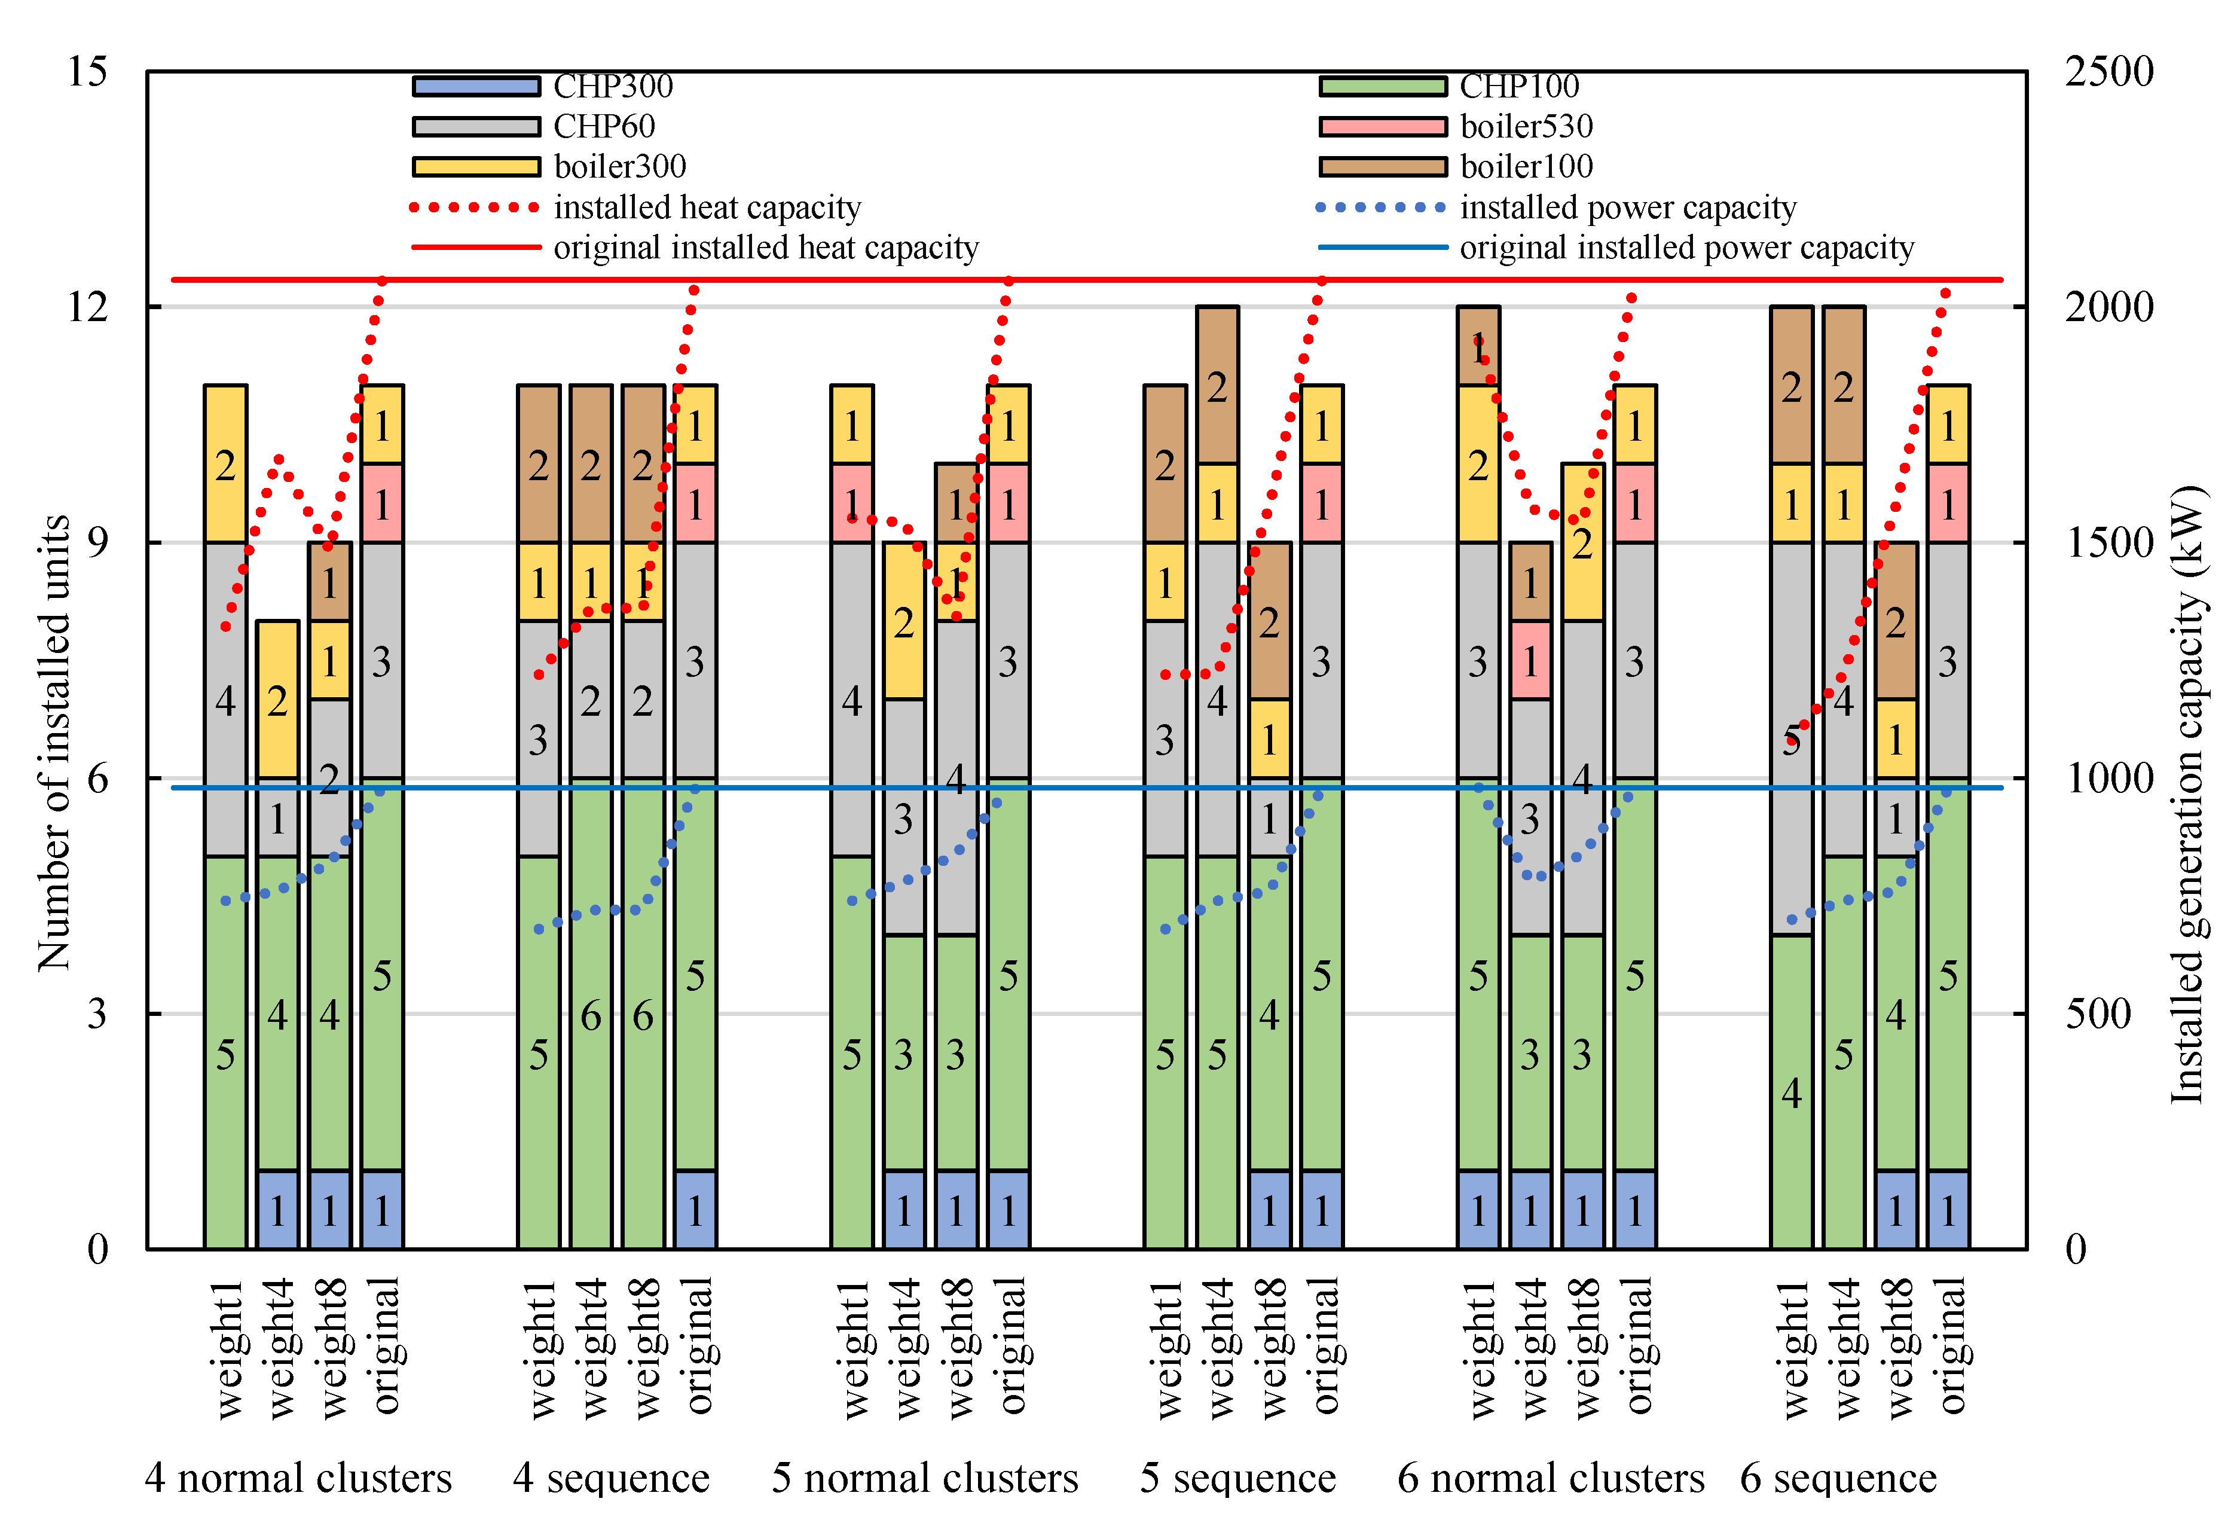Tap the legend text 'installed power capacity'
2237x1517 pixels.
click(x=1628, y=207)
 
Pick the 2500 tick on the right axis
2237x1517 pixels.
click(x=2108, y=71)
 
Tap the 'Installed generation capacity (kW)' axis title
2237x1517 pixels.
click(x=2187, y=794)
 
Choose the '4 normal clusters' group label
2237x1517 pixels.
click(x=298, y=1478)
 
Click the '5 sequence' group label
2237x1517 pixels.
click(x=1238, y=1478)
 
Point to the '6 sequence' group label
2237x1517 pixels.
click(x=1838, y=1478)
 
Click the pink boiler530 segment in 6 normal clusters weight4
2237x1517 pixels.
click(x=1530, y=660)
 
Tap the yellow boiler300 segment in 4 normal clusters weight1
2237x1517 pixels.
click(x=225, y=464)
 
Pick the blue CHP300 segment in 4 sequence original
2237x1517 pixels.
click(x=695, y=1210)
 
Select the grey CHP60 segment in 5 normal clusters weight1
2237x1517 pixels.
click(x=852, y=700)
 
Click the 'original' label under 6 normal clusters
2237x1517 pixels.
click(x=1636, y=1345)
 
